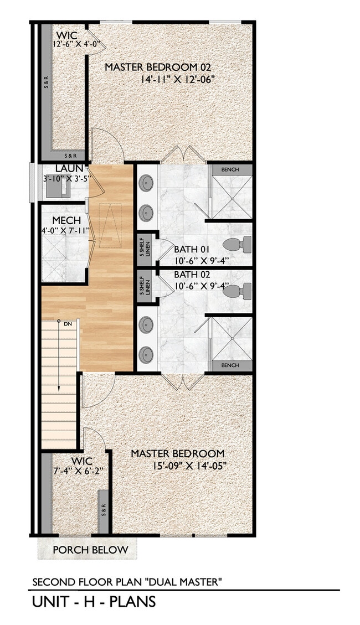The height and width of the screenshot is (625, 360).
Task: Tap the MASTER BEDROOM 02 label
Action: tap(158, 67)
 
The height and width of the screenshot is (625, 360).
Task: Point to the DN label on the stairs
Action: tap(68, 323)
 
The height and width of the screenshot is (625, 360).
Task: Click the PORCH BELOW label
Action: tap(90, 550)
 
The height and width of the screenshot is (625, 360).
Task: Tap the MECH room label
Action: tap(67, 221)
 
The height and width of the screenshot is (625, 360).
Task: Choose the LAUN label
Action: tap(69, 168)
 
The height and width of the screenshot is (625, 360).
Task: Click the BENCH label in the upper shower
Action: tap(230, 169)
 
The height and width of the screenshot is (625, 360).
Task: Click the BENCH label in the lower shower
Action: tap(230, 365)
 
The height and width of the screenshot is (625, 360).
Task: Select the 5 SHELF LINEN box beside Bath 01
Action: tap(143, 245)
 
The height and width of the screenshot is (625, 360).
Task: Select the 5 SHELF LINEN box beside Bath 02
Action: tap(143, 285)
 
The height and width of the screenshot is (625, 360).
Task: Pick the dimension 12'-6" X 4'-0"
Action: tap(75, 44)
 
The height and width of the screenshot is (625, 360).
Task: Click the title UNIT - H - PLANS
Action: tap(93, 602)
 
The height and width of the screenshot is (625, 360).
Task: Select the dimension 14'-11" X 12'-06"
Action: tap(178, 79)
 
